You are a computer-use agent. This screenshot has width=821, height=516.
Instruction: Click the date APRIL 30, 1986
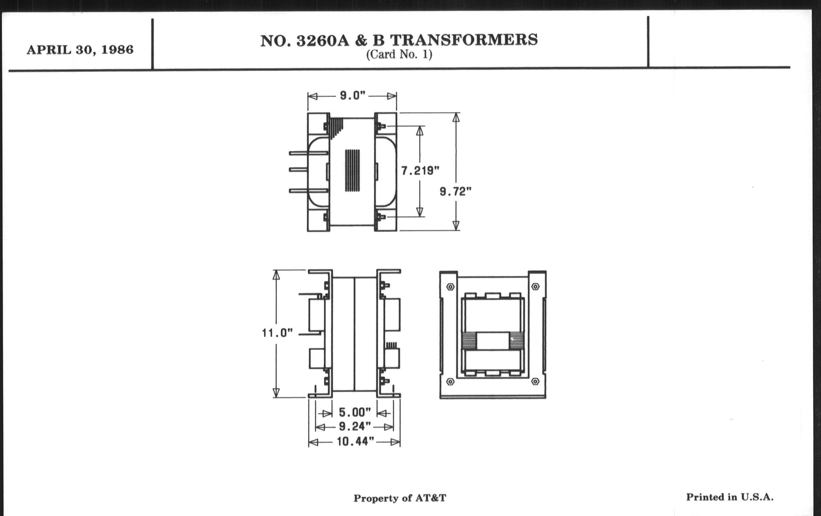pyautogui.click(x=80, y=50)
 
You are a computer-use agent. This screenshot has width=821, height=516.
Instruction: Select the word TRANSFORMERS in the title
pyautogui.click(x=464, y=40)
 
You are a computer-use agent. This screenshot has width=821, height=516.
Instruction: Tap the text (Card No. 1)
pyautogui.click(x=399, y=55)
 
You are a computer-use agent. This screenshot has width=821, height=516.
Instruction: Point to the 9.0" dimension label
pyautogui.click(x=352, y=96)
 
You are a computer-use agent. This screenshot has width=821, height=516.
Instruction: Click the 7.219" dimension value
pyautogui.click(x=420, y=170)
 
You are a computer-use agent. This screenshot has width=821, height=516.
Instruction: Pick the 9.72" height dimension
pyautogui.click(x=455, y=192)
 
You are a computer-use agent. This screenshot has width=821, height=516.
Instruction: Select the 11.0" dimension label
pyautogui.click(x=277, y=333)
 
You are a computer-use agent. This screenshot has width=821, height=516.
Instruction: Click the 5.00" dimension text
pyautogui.click(x=354, y=412)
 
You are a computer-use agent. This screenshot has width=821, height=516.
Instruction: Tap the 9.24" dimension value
pyautogui.click(x=354, y=426)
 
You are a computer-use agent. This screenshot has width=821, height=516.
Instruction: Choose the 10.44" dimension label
pyautogui.click(x=355, y=442)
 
